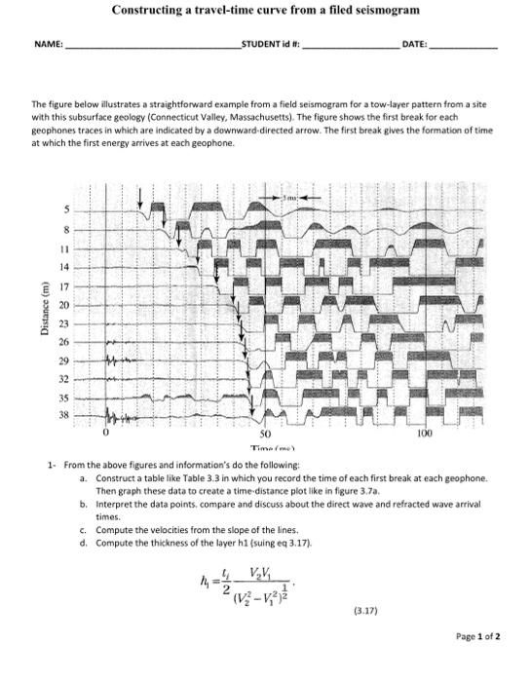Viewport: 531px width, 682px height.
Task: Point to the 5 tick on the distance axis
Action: click(66, 210)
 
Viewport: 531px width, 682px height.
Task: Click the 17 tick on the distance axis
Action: click(65, 286)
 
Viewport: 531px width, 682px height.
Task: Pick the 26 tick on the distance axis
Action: click(65, 342)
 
